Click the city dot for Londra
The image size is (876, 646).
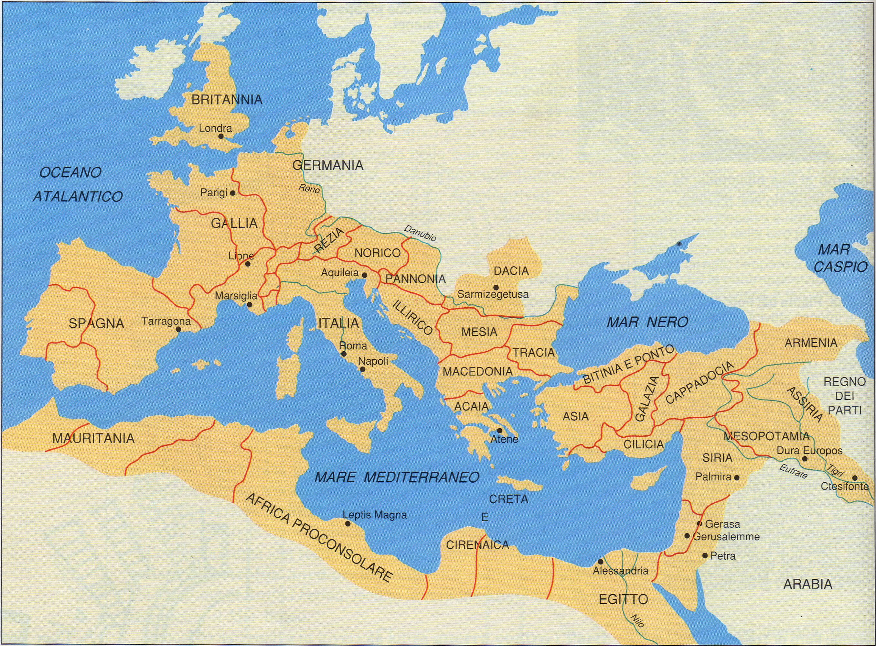pos(221,137)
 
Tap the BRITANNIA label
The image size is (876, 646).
pos(227,100)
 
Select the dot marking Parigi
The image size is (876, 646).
pos(232,193)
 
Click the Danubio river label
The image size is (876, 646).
pos(420,233)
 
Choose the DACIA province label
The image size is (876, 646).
pos(511,271)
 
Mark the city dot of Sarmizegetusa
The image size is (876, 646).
pos(496,287)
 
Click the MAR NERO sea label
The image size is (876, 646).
pos(647,322)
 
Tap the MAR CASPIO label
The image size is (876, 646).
pos(840,258)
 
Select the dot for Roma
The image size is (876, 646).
pos(343,354)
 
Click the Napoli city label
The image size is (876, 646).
pos(373,361)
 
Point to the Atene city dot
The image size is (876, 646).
pos(499,431)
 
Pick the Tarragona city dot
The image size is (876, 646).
pos(178,329)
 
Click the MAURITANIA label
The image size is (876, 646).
pos(93,438)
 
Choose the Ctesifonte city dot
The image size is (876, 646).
pos(855,478)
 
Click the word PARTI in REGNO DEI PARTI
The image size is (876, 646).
pos(844,410)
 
